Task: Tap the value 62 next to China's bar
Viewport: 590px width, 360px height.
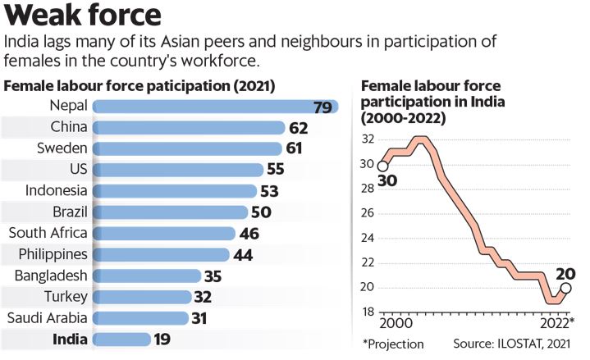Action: (x=298, y=128)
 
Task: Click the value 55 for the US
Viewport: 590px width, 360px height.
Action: (x=277, y=170)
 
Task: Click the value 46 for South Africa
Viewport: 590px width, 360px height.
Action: (x=249, y=233)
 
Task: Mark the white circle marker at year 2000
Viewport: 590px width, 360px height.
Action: (x=382, y=167)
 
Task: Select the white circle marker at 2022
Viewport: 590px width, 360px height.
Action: (x=565, y=288)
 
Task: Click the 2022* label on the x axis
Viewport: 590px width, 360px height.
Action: (x=558, y=322)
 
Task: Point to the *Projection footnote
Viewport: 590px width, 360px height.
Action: (x=392, y=344)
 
